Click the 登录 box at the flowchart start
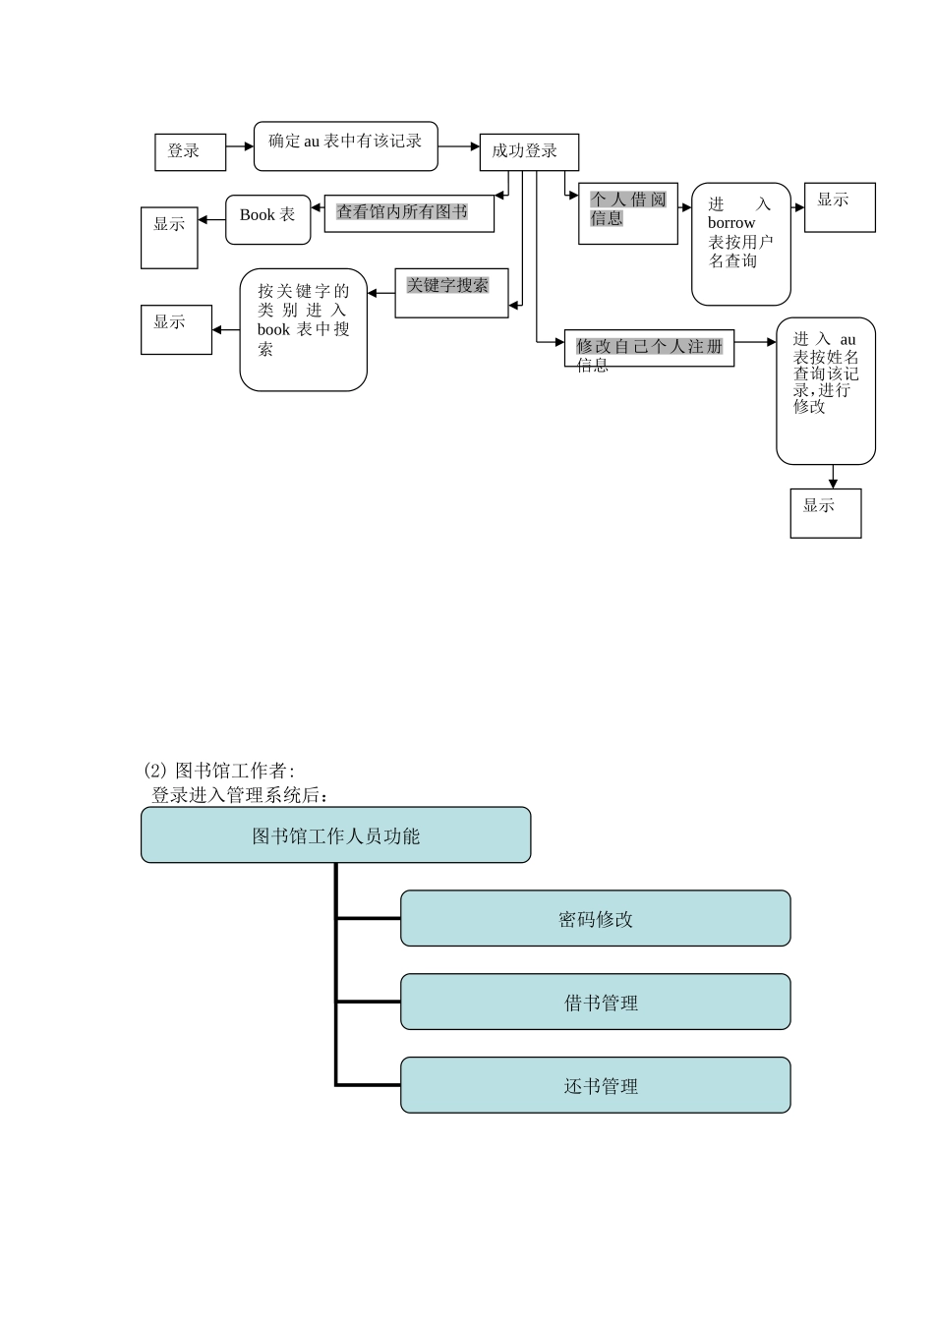pos(190,152)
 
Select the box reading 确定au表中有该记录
pos(345,145)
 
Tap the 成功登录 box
pos(528,152)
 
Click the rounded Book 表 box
pos(267,219)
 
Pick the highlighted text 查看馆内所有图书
pos(402,211)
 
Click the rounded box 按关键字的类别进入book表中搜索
pos(303,329)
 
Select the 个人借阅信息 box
pos(627,212)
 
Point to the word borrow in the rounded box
pos(731,223)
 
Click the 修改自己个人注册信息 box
pos(649,348)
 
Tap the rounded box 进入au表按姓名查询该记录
pos(825,390)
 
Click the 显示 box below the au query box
pos(825,513)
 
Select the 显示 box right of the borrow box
pos(839,206)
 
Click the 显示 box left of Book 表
pos(169,237)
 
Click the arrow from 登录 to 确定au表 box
pos(240,147)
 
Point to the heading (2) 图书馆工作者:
pos(219,771)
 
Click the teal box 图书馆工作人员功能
pos(335,835)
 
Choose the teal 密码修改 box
pos(595,918)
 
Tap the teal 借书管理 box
pos(595,1002)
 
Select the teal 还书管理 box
pos(595,1085)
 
